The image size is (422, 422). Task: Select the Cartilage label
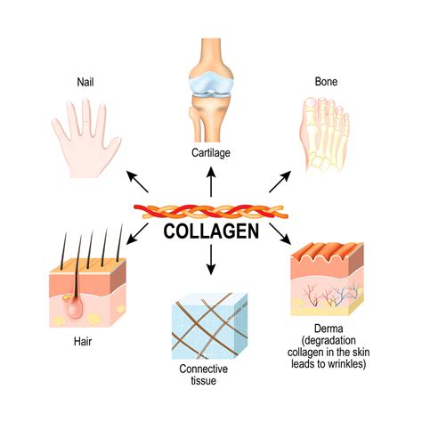click(x=211, y=151)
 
